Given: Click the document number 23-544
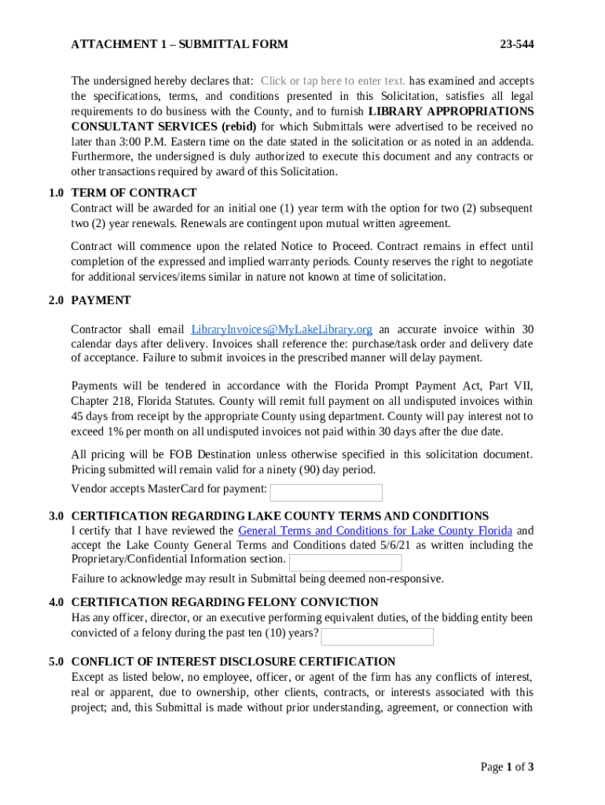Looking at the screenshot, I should [x=517, y=44].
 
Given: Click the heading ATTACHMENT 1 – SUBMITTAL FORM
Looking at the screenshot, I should [x=179, y=44].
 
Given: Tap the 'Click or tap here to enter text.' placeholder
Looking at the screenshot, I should [x=333, y=81].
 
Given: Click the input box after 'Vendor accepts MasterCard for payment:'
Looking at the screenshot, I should [x=326, y=493].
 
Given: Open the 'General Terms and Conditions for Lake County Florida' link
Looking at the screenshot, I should [x=375, y=531].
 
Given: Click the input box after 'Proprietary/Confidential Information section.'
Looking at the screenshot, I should [x=345, y=563].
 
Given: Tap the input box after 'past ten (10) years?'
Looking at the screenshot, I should [x=377, y=636].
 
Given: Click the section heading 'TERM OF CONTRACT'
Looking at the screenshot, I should [x=134, y=193].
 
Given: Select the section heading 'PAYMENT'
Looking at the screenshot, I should [x=101, y=300].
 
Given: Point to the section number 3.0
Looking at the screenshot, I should [x=56, y=516].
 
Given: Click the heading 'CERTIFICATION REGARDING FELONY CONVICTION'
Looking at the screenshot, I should [x=224, y=602].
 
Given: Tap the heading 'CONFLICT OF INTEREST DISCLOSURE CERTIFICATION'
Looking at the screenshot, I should [x=233, y=662].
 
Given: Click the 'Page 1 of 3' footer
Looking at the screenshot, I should [x=507, y=766].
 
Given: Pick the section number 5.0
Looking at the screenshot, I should [x=56, y=662].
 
